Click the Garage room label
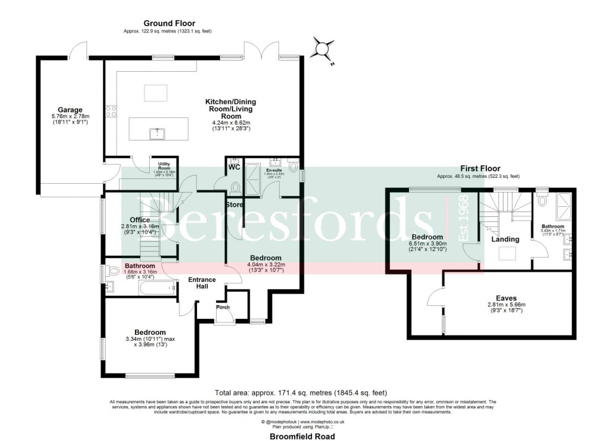click(69, 110)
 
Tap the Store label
click(234, 205)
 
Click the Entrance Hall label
click(202, 283)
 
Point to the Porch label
click(223, 307)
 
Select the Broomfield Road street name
click(302, 436)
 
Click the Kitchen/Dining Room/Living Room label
click(231, 109)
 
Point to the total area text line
click(302, 392)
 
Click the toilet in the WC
click(236, 187)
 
